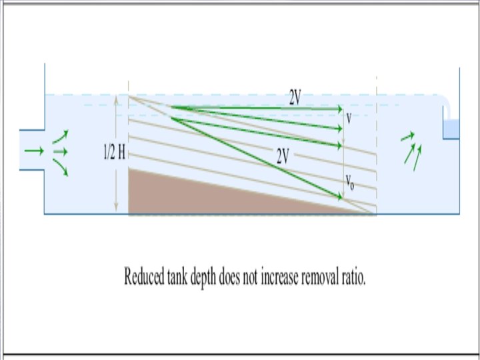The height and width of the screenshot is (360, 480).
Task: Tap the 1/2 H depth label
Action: point(113,153)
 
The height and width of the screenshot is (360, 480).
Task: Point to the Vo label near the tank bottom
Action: point(350,181)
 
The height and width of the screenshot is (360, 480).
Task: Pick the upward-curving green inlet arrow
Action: point(61,137)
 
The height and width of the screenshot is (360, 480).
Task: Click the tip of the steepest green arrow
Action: point(341,196)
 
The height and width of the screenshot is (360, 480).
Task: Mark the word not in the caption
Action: point(257,277)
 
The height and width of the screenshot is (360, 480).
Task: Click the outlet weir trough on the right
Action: point(452,129)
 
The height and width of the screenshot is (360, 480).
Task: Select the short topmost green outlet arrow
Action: point(407,137)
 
